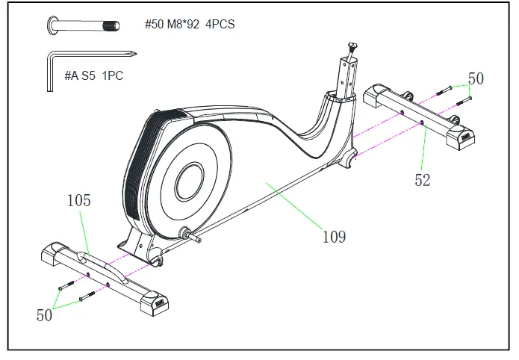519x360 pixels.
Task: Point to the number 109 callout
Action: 333,237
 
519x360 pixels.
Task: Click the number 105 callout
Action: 79,200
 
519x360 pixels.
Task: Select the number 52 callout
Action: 423,179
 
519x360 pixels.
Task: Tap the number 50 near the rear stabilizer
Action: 476,78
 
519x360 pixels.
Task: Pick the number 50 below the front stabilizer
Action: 45,315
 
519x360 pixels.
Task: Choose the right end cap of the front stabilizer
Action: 159,299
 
